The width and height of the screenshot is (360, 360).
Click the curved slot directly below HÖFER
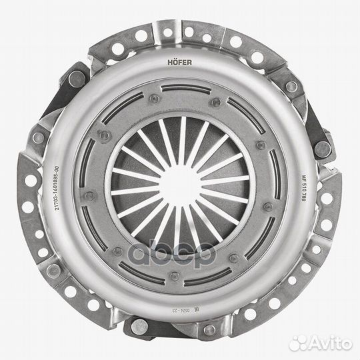click(x=181, y=87)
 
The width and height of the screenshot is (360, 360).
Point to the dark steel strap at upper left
click(x=73, y=80)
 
